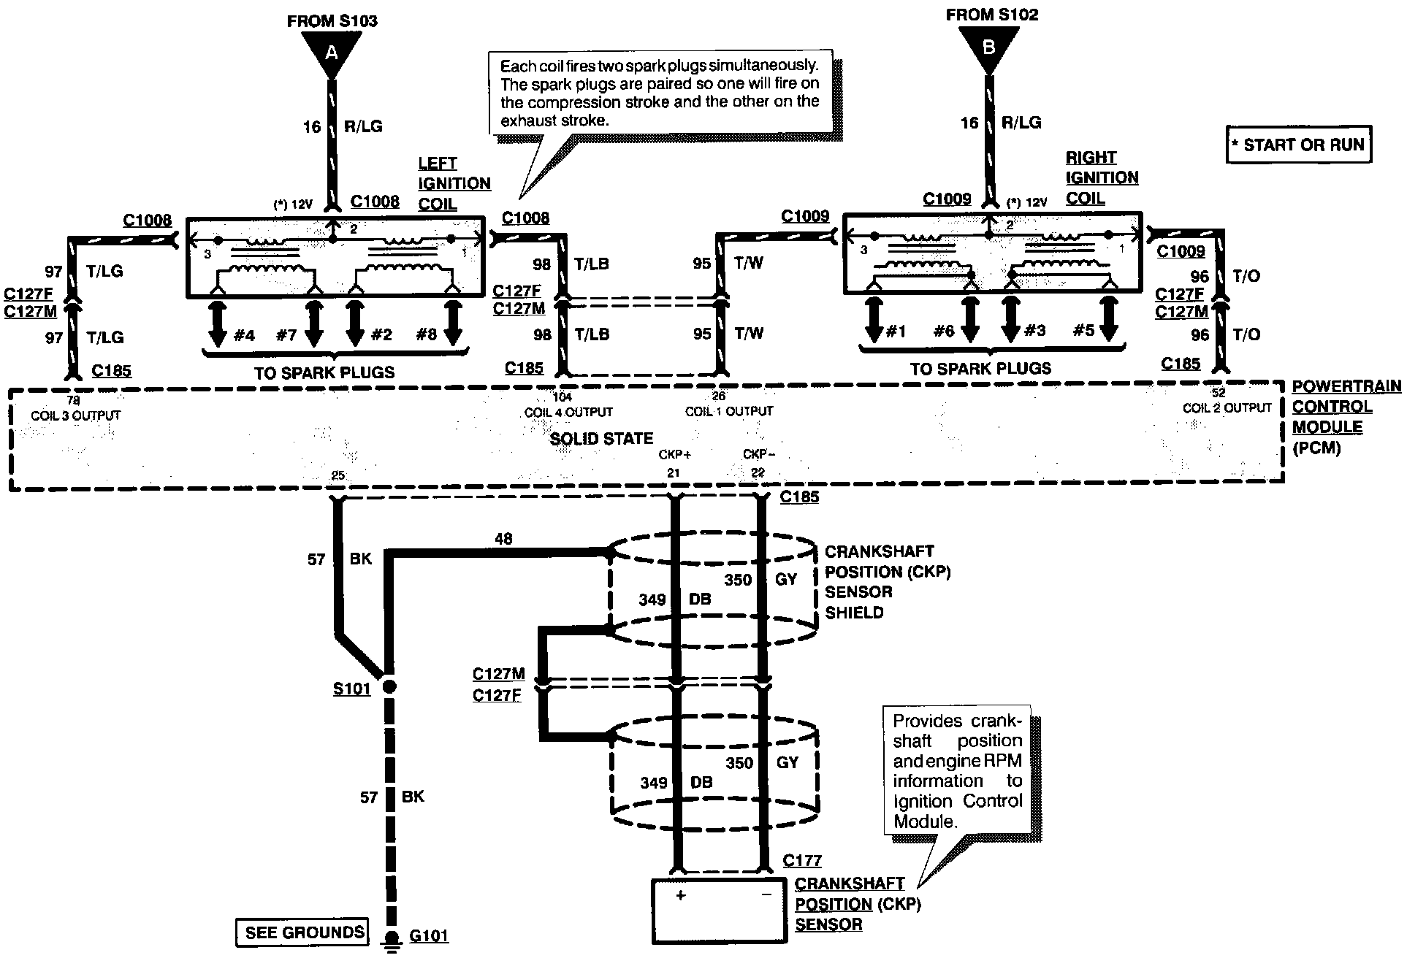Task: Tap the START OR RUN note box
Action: coord(1299,145)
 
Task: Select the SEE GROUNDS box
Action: coord(304,932)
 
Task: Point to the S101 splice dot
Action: coord(389,686)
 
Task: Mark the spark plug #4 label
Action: coord(244,335)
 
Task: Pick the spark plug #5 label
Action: coord(1083,331)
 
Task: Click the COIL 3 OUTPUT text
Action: coord(75,415)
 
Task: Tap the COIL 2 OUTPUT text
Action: coord(1227,408)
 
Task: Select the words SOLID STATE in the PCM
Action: coord(601,439)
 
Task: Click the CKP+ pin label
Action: coord(675,454)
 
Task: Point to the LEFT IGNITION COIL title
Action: coord(454,183)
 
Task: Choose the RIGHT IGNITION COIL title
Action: coord(1102,177)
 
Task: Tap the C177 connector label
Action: coord(801,861)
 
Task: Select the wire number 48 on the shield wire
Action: coord(503,539)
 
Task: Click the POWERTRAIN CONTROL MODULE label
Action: coord(1346,417)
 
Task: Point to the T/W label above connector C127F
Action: coord(749,264)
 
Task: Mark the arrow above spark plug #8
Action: coord(452,323)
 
